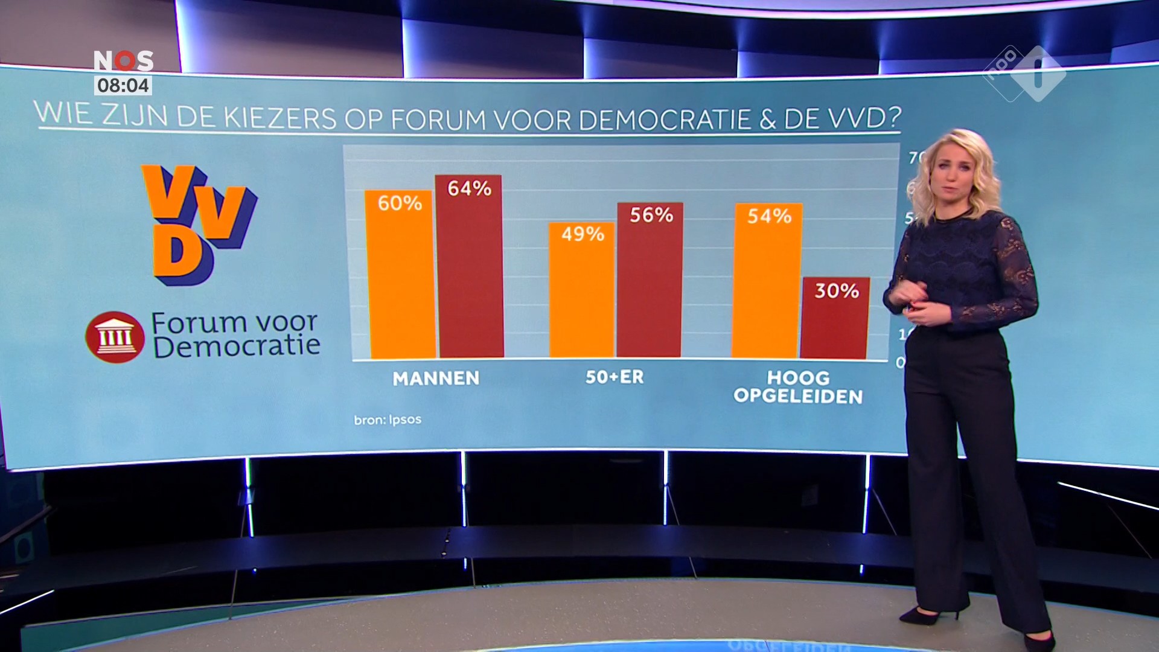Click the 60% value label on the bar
400,203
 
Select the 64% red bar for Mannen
470,272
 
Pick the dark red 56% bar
650,284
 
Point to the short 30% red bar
835,320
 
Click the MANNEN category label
436,379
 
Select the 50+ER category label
615,377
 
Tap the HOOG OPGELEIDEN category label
798,387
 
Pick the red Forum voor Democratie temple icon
115,337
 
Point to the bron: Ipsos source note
388,420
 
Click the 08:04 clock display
123,86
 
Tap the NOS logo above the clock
123,61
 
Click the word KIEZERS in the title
279,117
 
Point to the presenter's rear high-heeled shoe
924,615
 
